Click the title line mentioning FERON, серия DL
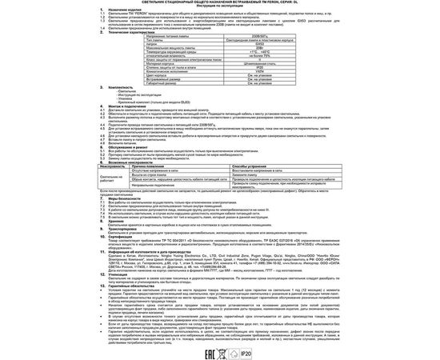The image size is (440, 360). (220, 4)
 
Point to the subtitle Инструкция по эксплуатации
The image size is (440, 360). (220, 9)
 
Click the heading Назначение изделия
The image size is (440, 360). (118, 14)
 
